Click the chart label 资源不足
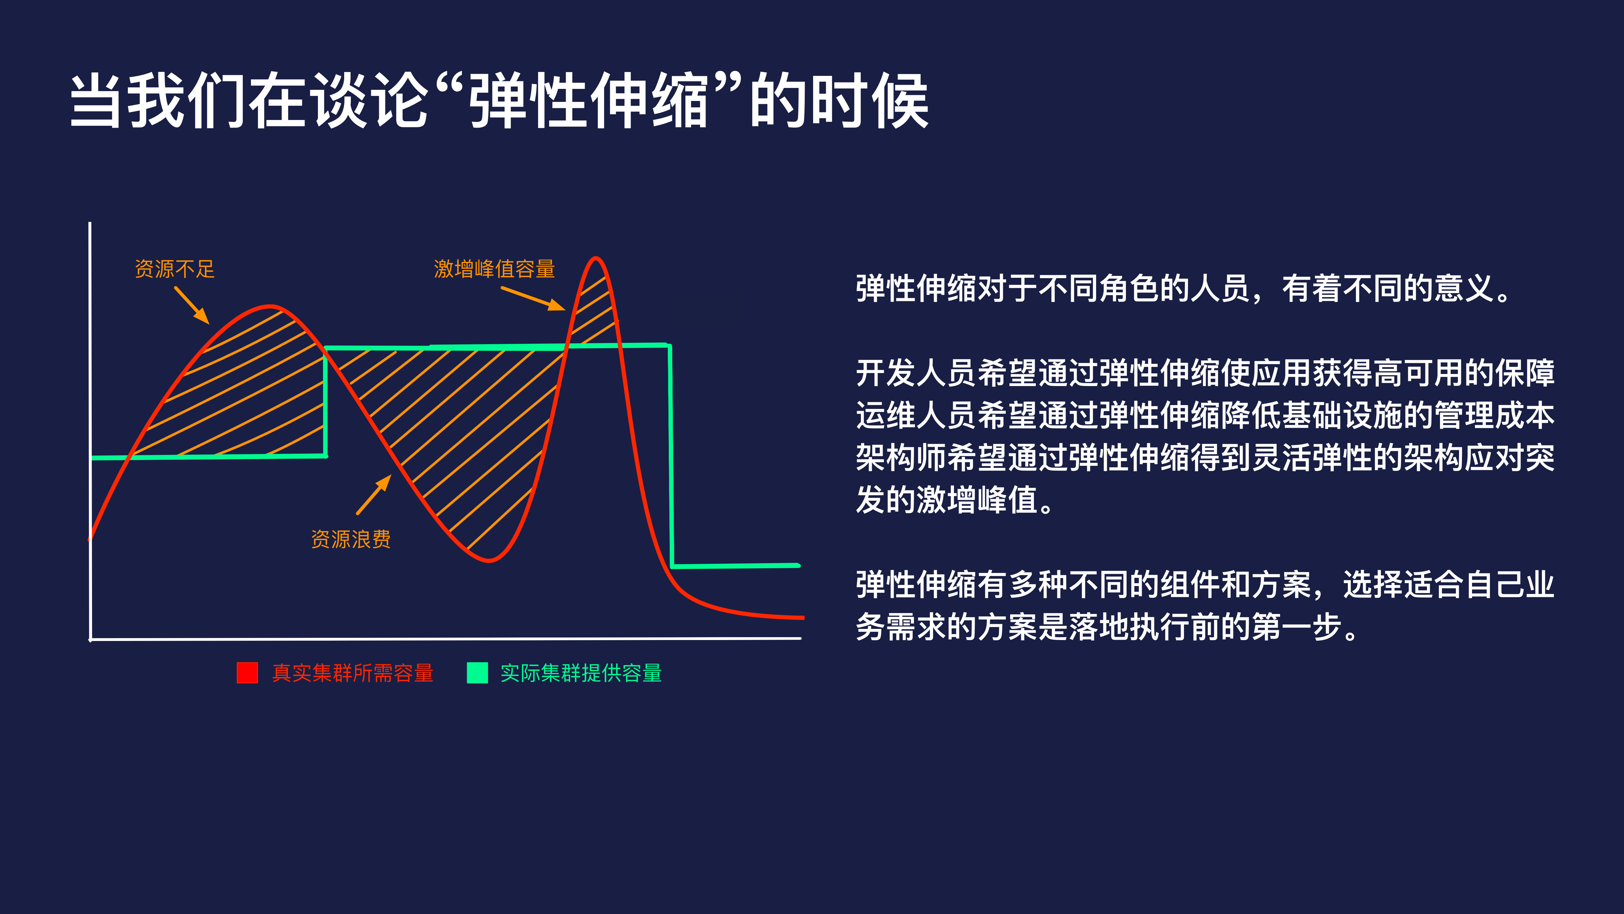tap(174, 269)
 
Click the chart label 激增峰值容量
tap(494, 269)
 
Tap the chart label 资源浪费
tap(351, 539)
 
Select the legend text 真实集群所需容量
tap(352, 673)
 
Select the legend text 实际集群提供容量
tap(581, 673)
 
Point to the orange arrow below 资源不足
tap(192, 306)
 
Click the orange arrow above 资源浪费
tap(374, 495)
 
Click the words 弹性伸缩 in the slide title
tap(589, 101)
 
